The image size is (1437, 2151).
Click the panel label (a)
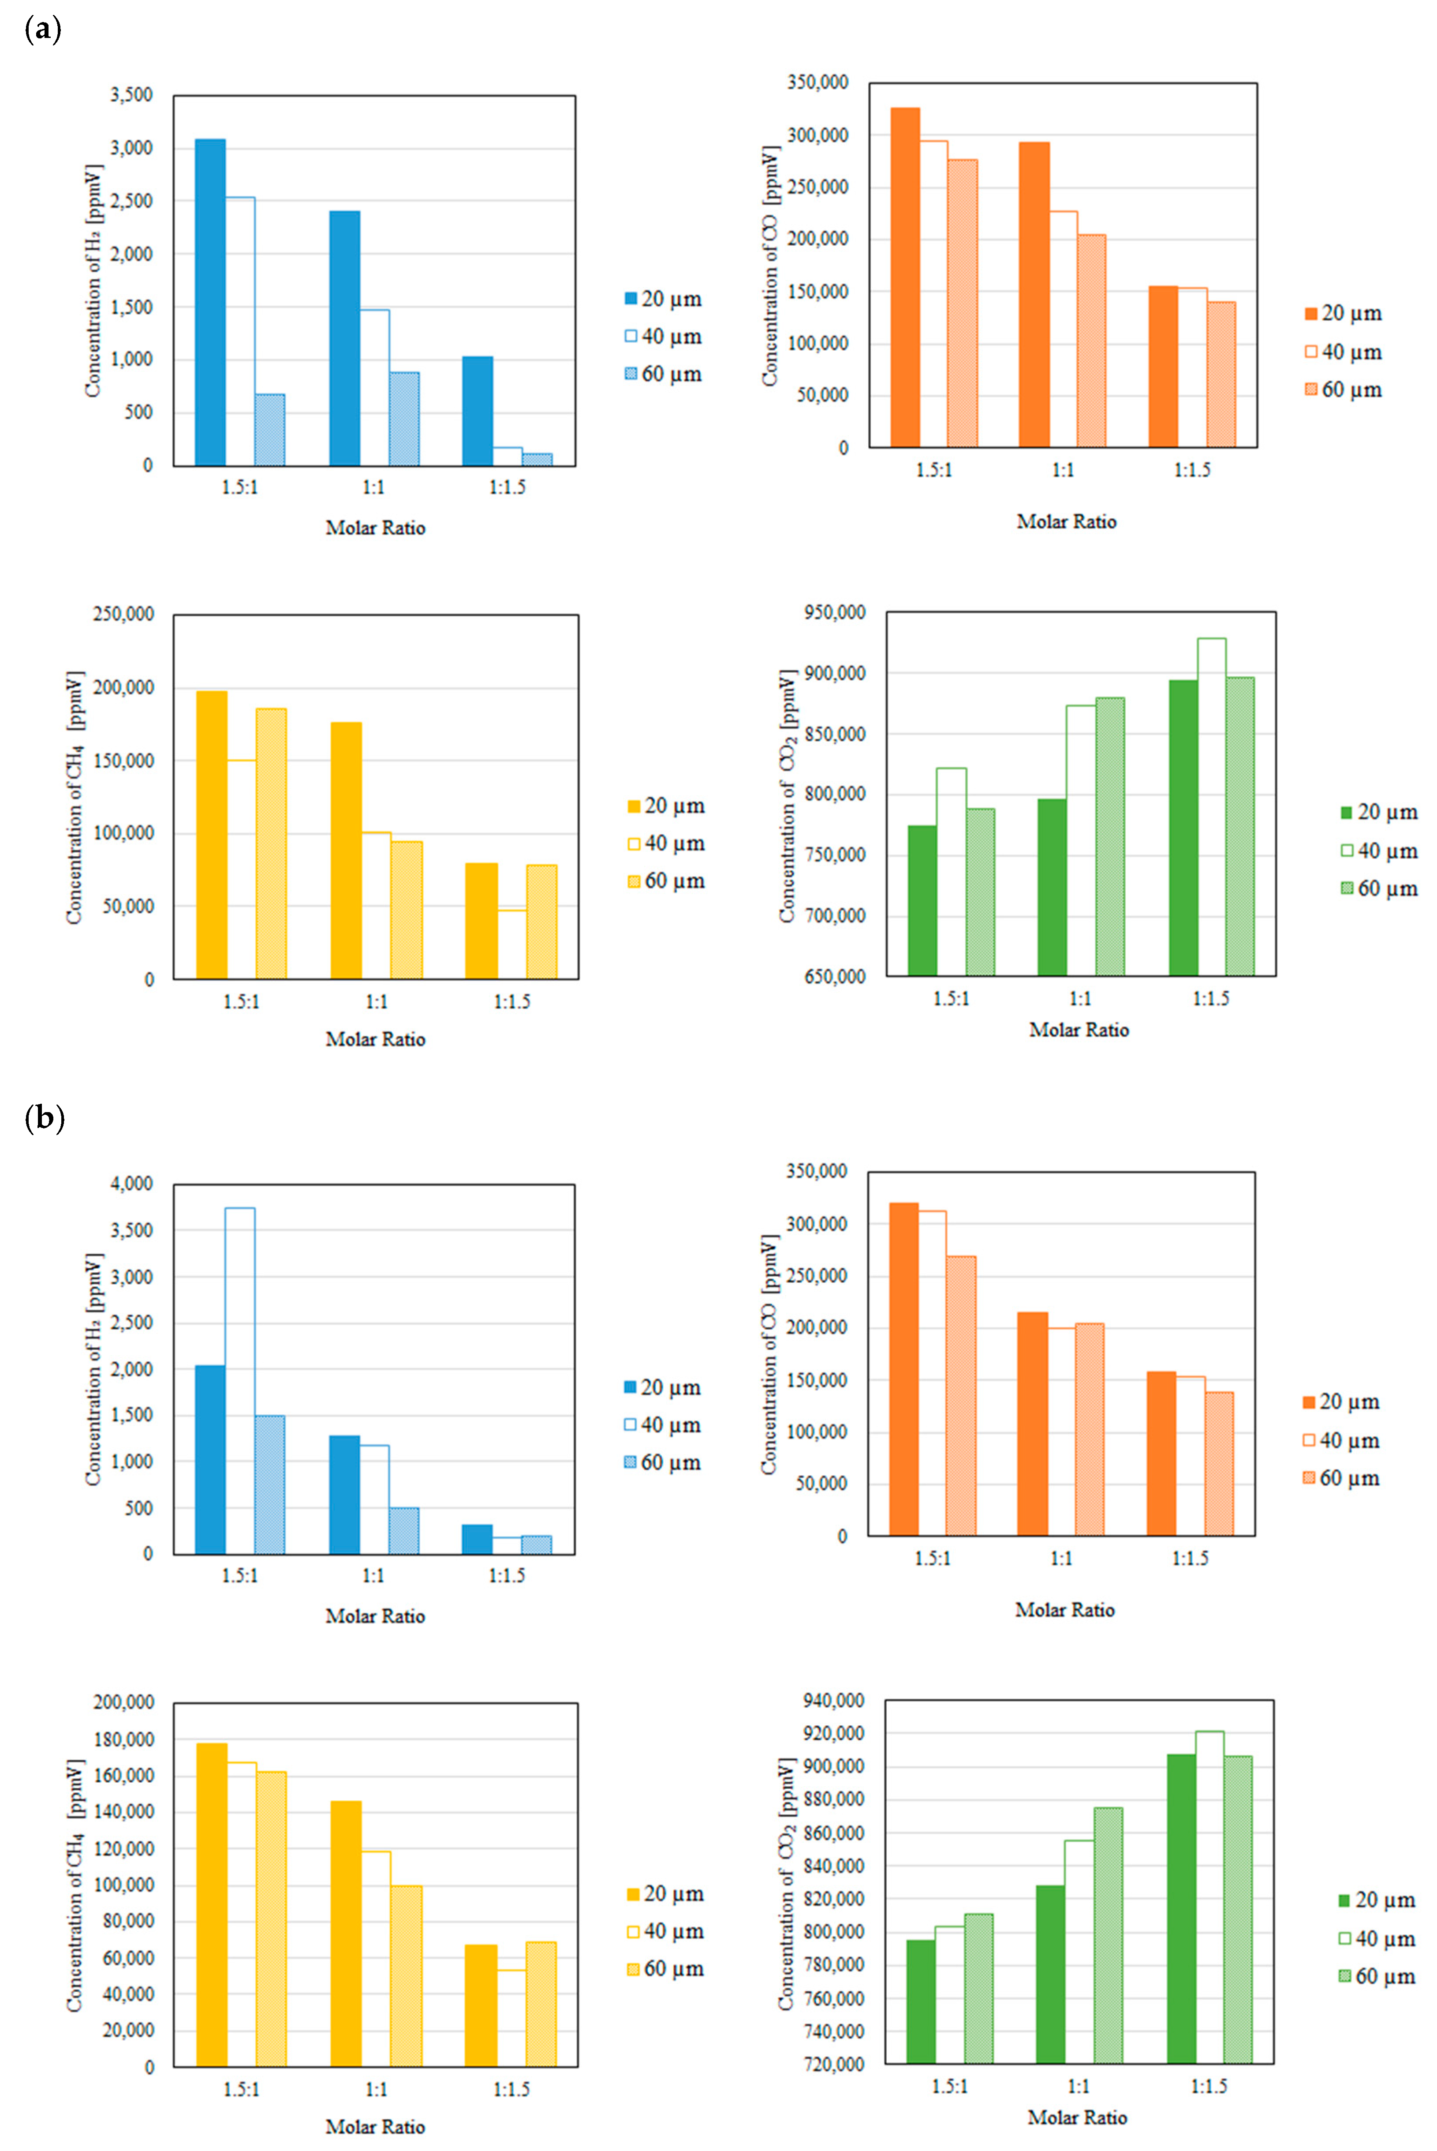tap(43, 30)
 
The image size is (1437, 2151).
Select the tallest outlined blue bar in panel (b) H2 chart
tap(240, 1380)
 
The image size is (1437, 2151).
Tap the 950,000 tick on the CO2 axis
tap(834, 612)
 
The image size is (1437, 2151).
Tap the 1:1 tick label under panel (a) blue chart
tap(373, 487)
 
